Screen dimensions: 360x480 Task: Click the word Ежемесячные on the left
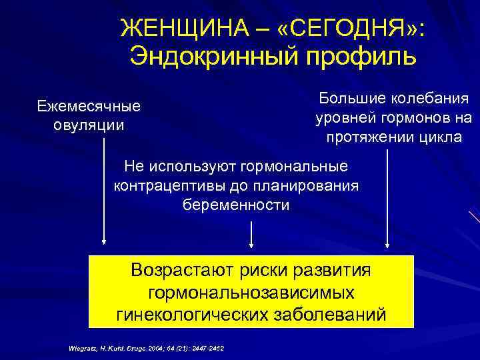point(89,106)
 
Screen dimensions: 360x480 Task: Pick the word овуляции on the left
point(89,124)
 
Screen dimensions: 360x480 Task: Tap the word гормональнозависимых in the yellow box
point(251,292)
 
